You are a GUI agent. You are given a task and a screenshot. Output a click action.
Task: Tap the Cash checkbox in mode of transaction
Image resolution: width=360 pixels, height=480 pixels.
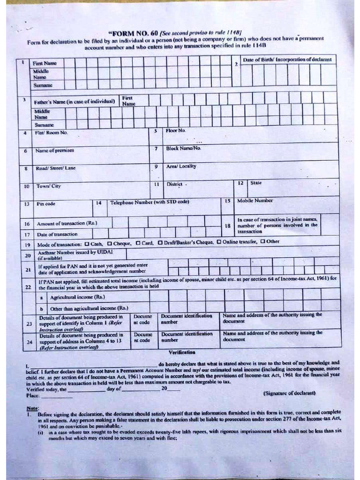point(87,242)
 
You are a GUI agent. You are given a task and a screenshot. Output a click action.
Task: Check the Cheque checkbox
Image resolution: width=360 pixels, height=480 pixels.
point(109,242)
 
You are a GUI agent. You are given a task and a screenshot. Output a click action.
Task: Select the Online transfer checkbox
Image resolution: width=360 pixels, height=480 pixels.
point(218,242)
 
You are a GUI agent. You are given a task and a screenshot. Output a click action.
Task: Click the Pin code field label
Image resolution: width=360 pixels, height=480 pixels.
point(46,204)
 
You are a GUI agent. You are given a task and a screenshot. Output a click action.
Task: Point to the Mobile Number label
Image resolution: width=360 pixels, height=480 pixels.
point(255,201)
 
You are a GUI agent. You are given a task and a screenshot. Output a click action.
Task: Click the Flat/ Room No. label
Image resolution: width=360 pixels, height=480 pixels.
point(51,133)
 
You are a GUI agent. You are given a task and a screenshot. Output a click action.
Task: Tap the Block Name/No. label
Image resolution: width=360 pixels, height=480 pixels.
point(183,148)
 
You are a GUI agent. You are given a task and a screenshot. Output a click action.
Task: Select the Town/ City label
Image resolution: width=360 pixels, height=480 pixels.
point(49,186)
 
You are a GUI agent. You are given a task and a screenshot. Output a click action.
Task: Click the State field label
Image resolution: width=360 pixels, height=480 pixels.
point(256,182)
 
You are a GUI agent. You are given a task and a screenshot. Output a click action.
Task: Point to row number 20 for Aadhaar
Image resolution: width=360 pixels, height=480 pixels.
point(28,255)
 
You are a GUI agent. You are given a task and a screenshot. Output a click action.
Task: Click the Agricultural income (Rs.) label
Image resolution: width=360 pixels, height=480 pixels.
point(77,297)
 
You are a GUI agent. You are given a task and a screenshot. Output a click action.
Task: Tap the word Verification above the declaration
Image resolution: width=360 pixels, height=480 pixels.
point(182,352)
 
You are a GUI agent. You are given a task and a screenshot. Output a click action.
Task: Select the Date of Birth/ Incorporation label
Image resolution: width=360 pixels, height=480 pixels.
point(287,60)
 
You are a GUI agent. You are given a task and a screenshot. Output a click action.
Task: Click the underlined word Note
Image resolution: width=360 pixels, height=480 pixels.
point(32,408)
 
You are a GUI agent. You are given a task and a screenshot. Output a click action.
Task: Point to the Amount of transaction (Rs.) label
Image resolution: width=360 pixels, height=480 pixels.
point(67,224)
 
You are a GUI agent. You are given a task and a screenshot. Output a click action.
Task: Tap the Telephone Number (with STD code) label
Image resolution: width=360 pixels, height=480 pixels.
point(150,202)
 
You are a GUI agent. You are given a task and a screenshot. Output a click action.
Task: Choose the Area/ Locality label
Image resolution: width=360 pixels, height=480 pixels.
point(181,166)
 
